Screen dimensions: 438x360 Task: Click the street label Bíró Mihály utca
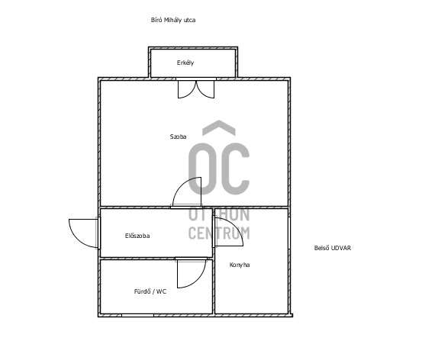(x=173, y=20)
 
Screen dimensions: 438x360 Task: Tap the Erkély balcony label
(x=185, y=63)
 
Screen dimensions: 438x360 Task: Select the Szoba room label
(x=178, y=137)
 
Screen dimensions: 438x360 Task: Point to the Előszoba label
(x=137, y=236)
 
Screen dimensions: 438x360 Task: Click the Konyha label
(x=240, y=265)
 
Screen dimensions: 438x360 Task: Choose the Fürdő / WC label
(x=150, y=291)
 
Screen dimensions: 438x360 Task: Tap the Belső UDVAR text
(x=333, y=248)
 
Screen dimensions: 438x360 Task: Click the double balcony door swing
(x=196, y=89)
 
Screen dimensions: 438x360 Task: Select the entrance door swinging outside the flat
(x=83, y=233)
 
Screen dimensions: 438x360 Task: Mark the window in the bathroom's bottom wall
(x=137, y=315)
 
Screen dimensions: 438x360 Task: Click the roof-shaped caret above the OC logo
(x=219, y=127)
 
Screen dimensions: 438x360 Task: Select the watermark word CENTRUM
(x=219, y=233)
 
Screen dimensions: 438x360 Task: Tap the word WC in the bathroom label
(x=162, y=291)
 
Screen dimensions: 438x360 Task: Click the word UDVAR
(x=341, y=248)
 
